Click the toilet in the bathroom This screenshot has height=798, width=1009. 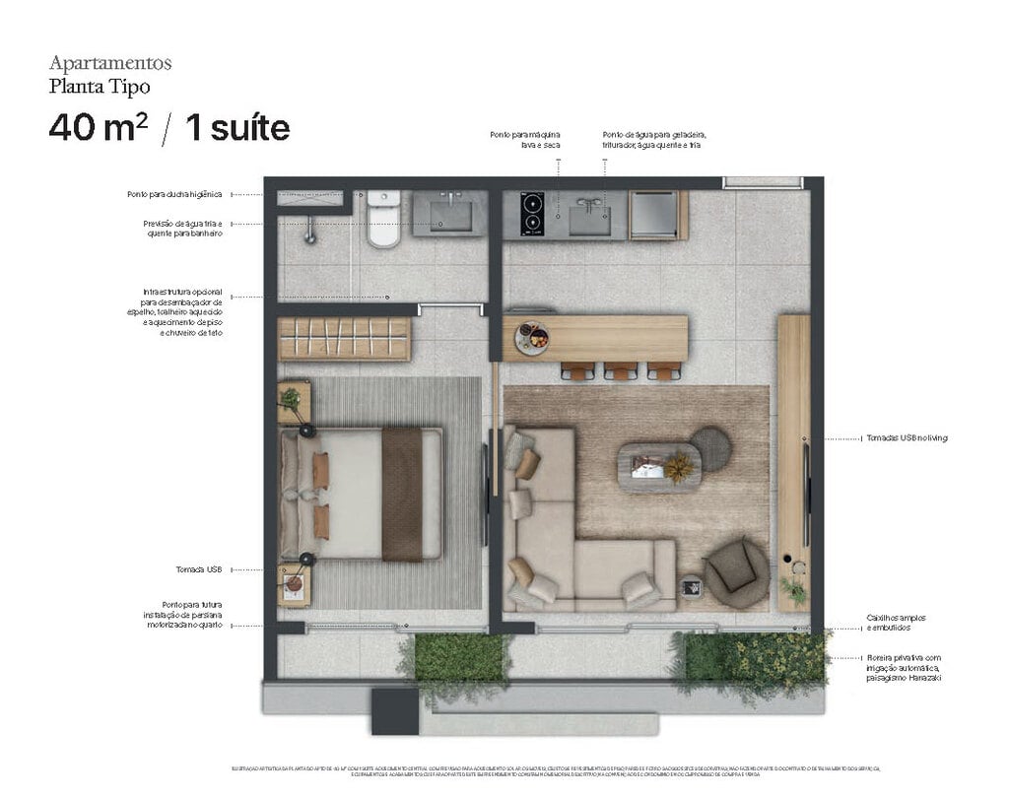[x=384, y=221]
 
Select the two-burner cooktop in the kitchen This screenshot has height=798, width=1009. [x=532, y=214]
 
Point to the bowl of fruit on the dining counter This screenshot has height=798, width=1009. [x=532, y=337]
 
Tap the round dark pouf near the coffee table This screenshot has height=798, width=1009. [x=710, y=449]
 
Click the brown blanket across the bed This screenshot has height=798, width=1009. [x=402, y=494]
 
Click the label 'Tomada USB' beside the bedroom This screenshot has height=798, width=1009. [x=200, y=569]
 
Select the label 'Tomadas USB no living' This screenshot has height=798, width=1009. [x=905, y=437]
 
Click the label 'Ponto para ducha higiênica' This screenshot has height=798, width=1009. [x=175, y=195]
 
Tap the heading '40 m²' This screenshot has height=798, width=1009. [x=98, y=128]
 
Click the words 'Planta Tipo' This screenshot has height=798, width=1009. [x=100, y=86]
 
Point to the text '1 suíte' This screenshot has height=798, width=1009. [x=237, y=128]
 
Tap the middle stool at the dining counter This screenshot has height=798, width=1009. [x=621, y=371]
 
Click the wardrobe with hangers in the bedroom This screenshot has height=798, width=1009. [x=343, y=338]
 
